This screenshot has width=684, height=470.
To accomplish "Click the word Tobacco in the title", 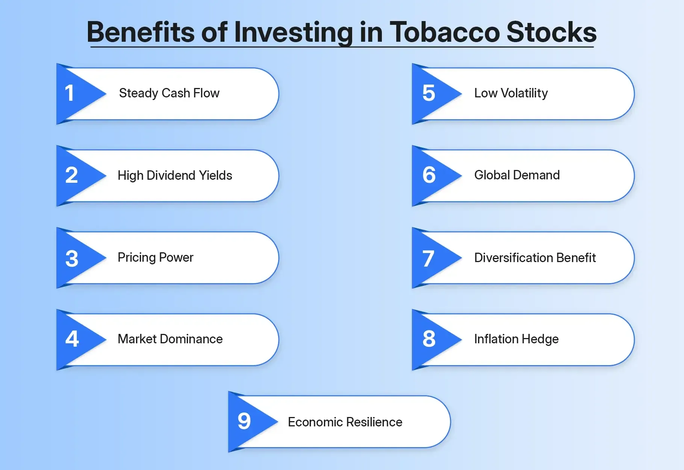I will [x=444, y=32].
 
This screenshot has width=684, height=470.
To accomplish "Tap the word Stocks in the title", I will [x=551, y=32].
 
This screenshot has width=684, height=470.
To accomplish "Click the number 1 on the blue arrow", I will [x=70, y=93].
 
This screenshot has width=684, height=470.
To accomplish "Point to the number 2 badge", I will [x=71, y=175].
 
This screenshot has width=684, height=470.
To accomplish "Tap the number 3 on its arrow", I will [x=72, y=258].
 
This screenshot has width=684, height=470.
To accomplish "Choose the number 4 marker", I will [x=72, y=339].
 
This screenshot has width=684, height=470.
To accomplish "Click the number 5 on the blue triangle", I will [x=429, y=93].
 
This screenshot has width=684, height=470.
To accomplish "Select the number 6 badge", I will [x=429, y=175].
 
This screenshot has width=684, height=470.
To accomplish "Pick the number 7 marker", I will [x=428, y=258].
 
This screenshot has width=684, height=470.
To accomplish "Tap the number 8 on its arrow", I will [x=429, y=339].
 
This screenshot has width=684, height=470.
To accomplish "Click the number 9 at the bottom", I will [x=244, y=421].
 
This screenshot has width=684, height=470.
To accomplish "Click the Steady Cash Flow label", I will [x=169, y=93].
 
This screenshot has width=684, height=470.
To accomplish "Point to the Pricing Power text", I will [x=155, y=258].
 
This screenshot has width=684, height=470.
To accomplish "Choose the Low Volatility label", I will [x=511, y=93].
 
